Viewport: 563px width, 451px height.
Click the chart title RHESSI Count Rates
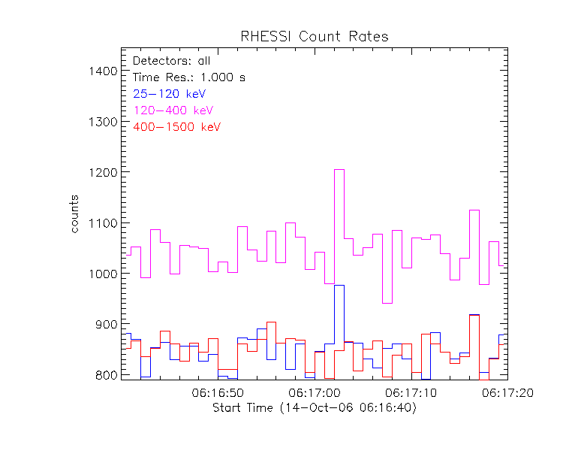[314, 37]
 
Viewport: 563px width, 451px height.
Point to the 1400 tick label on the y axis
[101, 71]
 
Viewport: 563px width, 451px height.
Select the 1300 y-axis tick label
[101, 122]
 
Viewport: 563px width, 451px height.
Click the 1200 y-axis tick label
[101, 172]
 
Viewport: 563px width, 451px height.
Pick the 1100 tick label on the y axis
[101, 223]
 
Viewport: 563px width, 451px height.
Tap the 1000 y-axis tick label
[101, 274]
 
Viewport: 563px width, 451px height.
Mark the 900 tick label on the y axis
[104, 324]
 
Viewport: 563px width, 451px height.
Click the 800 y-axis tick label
[104, 374]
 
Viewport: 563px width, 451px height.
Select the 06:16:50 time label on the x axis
[218, 393]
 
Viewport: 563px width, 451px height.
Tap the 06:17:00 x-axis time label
[314, 393]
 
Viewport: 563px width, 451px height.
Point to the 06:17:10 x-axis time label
[410, 393]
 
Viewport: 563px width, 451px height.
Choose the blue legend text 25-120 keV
[169, 93]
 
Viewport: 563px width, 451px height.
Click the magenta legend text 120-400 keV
[173, 110]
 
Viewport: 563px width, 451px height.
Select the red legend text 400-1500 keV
[176, 127]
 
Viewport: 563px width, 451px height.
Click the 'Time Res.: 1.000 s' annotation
[188, 77]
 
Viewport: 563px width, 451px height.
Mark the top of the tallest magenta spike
[339, 170]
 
